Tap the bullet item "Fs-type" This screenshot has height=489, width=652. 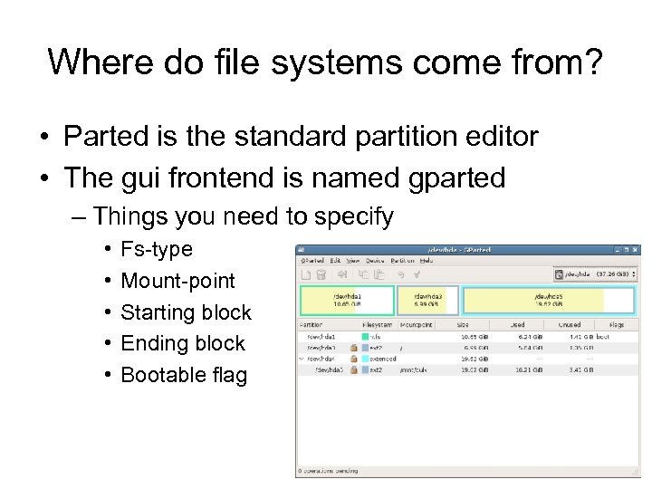coord(157,249)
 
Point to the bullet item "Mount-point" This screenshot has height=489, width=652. coord(177,281)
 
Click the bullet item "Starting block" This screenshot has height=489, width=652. coord(186,312)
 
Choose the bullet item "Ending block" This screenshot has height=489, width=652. coord(183,344)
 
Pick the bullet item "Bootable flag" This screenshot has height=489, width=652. coord(184,375)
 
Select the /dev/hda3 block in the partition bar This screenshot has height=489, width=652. coord(427,300)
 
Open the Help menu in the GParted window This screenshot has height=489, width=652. coord(426,261)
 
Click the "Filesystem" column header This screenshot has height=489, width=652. coord(378,324)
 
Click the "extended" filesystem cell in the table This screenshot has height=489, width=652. coord(384,358)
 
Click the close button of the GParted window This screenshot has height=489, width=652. coord(634,249)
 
